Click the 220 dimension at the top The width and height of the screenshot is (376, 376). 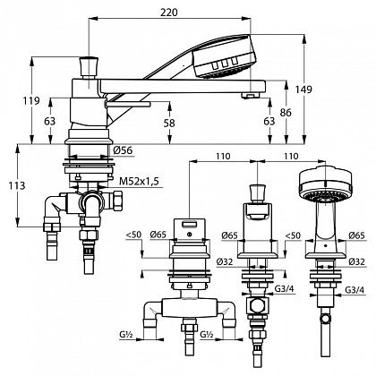[168, 13]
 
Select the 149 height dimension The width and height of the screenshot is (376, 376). [303, 89]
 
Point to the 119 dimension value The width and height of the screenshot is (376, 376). [31, 101]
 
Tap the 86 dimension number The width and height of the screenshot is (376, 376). [286, 113]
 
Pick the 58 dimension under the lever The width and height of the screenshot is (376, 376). [169, 123]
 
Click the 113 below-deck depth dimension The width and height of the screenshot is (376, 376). [17, 185]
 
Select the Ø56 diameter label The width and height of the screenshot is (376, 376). [123, 150]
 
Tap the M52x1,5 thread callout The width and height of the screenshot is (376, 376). [139, 181]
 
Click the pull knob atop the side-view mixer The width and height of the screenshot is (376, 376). [89, 67]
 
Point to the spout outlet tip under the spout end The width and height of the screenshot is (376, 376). [251, 96]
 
